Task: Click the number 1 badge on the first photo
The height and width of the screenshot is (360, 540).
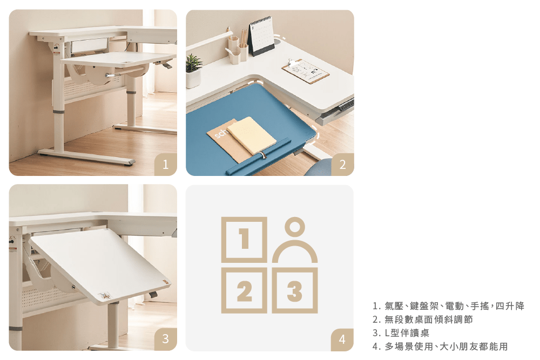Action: click(x=166, y=165)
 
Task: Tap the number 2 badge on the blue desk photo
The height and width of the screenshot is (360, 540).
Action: click(x=343, y=165)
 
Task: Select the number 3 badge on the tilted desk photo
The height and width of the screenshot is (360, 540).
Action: click(x=166, y=339)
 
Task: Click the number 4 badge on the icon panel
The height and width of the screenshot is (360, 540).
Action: click(x=342, y=339)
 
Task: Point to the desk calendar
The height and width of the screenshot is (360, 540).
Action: click(x=261, y=36)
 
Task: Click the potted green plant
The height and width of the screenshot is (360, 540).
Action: click(x=193, y=71)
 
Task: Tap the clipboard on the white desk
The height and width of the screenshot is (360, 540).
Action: click(x=305, y=71)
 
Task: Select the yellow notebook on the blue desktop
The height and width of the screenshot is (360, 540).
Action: click(x=252, y=135)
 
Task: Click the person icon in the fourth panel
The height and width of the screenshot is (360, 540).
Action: click(x=295, y=240)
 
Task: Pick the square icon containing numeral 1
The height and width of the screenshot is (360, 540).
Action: click(x=244, y=240)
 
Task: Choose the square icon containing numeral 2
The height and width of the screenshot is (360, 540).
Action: click(x=244, y=290)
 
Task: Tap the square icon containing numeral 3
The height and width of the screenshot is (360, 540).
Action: click(x=295, y=290)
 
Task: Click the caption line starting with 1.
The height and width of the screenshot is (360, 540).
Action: click(x=448, y=305)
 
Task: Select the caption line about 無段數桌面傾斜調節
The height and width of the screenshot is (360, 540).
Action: click(x=423, y=320)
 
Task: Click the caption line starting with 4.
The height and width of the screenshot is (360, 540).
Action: click(x=440, y=346)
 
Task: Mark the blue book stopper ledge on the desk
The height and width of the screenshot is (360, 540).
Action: click(x=258, y=157)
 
